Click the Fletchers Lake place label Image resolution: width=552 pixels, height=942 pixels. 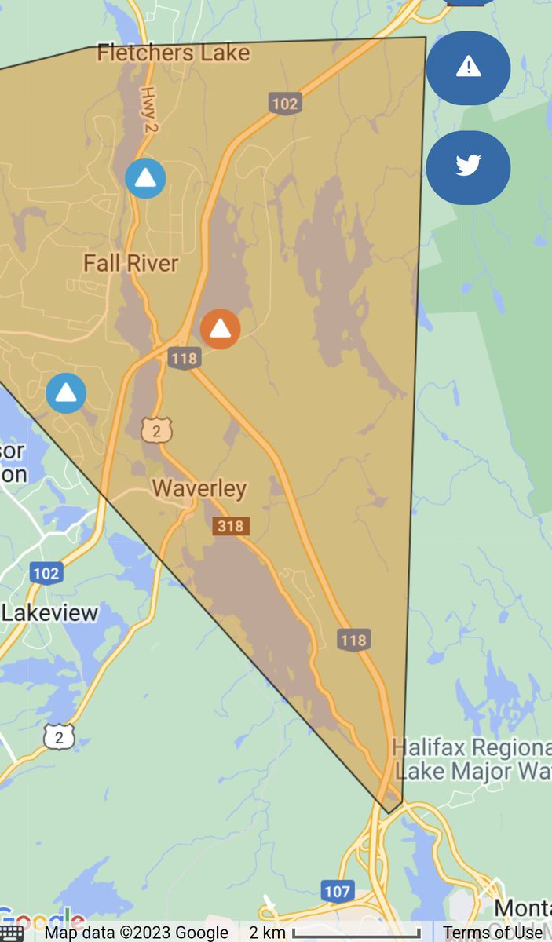(x=173, y=53)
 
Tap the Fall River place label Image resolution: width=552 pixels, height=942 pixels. (x=131, y=262)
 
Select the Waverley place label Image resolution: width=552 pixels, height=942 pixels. (x=199, y=488)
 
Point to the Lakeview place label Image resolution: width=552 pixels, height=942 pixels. (x=49, y=613)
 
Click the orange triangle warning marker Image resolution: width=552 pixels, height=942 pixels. (x=221, y=329)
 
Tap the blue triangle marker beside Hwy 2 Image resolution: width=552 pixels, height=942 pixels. (x=145, y=178)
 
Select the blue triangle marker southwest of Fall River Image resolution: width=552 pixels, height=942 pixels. (x=66, y=392)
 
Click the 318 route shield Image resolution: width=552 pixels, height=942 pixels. (x=230, y=526)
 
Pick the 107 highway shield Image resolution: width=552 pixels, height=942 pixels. (x=336, y=891)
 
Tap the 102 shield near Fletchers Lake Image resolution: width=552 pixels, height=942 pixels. (x=285, y=103)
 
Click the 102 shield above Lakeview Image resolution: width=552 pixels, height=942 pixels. (x=46, y=573)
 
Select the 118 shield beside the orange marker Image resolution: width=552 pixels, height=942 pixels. (x=185, y=358)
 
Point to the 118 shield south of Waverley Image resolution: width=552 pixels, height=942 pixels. (x=353, y=640)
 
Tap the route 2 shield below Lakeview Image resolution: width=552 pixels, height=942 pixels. (x=59, y=736)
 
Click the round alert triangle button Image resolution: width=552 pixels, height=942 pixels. (x=468, y=68)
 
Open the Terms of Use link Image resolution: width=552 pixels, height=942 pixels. (x=493, y=933)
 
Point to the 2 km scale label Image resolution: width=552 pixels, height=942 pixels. (x=266, y=933)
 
